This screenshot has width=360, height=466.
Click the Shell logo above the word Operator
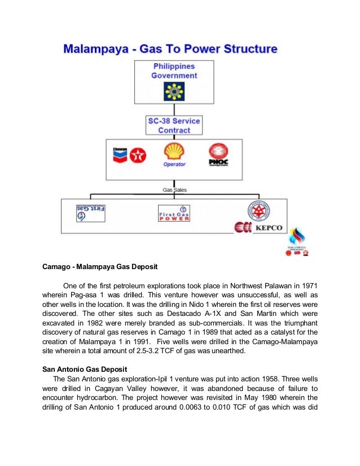point(174,151)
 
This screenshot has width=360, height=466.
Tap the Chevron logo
point(120,155)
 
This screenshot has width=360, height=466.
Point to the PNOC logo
point(218,155)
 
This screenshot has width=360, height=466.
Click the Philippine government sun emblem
point(174,91)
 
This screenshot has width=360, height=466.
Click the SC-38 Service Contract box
point(174,125)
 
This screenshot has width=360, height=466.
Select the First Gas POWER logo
point(174,213)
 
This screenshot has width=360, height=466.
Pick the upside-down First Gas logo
point(91,212)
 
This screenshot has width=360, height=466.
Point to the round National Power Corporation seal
point(258,212)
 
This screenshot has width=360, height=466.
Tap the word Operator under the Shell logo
point(174,165)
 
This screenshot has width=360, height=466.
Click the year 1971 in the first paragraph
point(309,285)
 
